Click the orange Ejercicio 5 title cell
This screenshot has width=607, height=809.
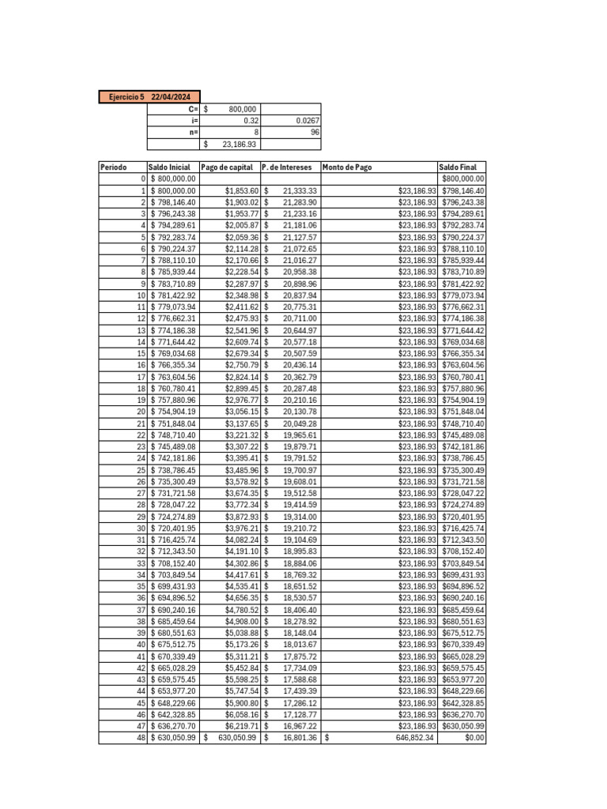tap(149, 97)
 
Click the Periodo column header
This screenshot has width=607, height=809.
tap(115, 167)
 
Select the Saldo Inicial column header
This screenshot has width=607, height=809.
tap(169, 167)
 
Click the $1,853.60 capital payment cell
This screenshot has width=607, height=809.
tap(242, 190)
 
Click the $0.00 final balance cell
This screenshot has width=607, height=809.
tap(474, 738)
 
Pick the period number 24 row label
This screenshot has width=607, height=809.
tap(141, 458)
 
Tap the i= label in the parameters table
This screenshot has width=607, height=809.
tap(194, 121)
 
